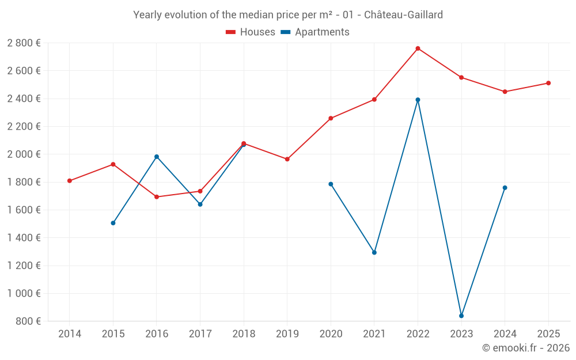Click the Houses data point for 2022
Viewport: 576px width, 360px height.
point(418,48)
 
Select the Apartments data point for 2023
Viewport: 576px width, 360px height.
point(461,316)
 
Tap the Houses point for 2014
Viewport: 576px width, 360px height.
point(70,181)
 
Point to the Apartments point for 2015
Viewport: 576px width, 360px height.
point(113,223)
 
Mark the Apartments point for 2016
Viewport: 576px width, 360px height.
point(157,157)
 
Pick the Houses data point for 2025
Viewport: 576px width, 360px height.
point(548,83)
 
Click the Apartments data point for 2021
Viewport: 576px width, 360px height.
point(374,252)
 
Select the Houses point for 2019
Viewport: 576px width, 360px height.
point(287,159)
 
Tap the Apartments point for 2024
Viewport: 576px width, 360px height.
point(505,188)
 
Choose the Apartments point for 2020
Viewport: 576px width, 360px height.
point(331,184)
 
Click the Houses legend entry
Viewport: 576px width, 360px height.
point(251,32)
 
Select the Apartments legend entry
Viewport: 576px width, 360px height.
point(315,32)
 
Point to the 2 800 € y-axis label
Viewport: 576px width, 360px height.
point(24,43)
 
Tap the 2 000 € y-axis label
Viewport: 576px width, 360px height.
point(24,154)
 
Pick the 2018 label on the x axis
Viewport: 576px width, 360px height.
point(244,334)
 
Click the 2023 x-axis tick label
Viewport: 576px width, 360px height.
point(461,334)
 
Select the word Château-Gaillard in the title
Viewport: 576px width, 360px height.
point(404,15)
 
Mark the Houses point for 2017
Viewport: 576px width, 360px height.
point(200,191)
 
